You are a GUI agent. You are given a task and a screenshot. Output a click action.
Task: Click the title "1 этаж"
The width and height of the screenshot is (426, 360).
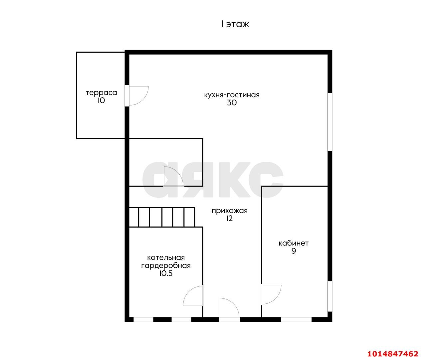[235, 24]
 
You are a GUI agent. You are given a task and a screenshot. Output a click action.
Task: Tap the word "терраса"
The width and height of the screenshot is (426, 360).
[101, 93]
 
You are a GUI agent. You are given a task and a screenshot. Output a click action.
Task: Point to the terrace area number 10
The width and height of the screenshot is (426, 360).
[101, 101]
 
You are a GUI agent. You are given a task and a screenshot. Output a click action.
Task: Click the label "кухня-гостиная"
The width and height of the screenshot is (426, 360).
[232, 95]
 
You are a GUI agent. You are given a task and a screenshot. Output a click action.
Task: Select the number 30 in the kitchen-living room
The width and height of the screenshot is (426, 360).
[232, 103]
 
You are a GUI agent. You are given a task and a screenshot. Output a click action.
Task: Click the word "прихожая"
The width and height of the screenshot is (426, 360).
[230, 211]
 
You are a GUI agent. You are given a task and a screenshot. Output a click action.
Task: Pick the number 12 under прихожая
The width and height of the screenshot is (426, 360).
[230, 219]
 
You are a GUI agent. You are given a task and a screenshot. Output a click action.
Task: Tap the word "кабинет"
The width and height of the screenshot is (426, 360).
[294, 243]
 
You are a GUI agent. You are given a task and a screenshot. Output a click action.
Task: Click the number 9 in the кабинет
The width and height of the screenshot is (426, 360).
[294, 251]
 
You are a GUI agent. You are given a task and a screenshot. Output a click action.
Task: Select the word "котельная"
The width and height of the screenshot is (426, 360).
[166, 258]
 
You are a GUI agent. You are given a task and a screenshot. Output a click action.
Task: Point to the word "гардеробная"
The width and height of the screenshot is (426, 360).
[166, 266]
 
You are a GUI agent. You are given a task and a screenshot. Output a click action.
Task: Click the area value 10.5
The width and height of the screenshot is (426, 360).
[166, 273]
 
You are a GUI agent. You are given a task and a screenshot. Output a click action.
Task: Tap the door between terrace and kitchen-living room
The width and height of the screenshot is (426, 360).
[137, 96]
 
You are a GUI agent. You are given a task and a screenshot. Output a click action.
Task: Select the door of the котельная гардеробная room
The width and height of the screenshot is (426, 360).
[193, 296]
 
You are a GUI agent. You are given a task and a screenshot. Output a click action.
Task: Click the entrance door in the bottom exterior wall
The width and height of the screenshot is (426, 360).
[229, 309]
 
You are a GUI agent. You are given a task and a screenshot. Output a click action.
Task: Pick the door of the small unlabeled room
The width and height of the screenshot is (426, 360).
[174, 177]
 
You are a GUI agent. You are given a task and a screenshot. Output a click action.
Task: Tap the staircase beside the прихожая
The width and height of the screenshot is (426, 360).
[162, 217]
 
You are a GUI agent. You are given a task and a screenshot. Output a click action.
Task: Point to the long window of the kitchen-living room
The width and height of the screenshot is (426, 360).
[330, 122]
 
